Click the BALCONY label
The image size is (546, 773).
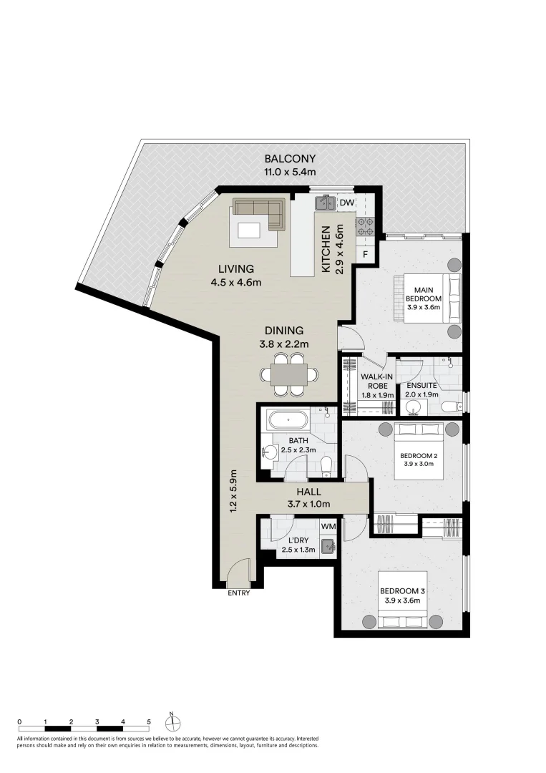[x=290, y=159]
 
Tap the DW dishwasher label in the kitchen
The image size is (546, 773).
[x=346, y=203]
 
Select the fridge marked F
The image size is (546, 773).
[x=365, y=254]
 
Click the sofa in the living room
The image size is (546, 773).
[x=260, y=213]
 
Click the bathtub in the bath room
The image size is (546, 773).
[x=288, y=420]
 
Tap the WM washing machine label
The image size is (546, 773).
[x=328, y=526]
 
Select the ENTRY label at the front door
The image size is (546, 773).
[x=238, y=593]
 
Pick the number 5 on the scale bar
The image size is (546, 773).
[x=149, y=721]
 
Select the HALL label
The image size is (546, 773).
[x=309, y=492]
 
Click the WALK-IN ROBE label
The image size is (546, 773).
[x=377, y=381]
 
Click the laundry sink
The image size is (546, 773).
[x=328, y=545]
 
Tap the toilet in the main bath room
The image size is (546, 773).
[x=326, y=465]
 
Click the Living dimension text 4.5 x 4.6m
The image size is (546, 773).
[x=236, y=283]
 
